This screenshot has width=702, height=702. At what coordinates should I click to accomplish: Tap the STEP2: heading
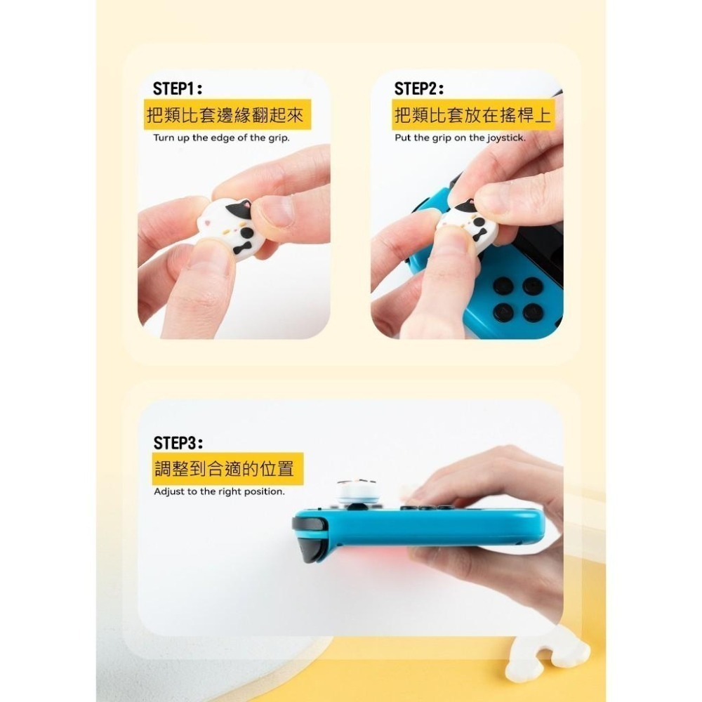click(419, 89)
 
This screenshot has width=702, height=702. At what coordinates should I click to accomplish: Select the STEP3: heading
click(178, 443)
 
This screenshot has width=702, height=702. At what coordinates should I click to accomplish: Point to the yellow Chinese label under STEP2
click(472, 115)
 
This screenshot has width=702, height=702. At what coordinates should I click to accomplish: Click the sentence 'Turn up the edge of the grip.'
click(221, 138)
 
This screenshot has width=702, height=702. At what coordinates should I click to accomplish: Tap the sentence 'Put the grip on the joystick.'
click(460, 138)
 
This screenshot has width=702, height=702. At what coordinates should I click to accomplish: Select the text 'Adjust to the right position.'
click(219, 491)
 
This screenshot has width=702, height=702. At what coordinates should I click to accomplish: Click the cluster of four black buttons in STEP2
click(518, 298)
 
